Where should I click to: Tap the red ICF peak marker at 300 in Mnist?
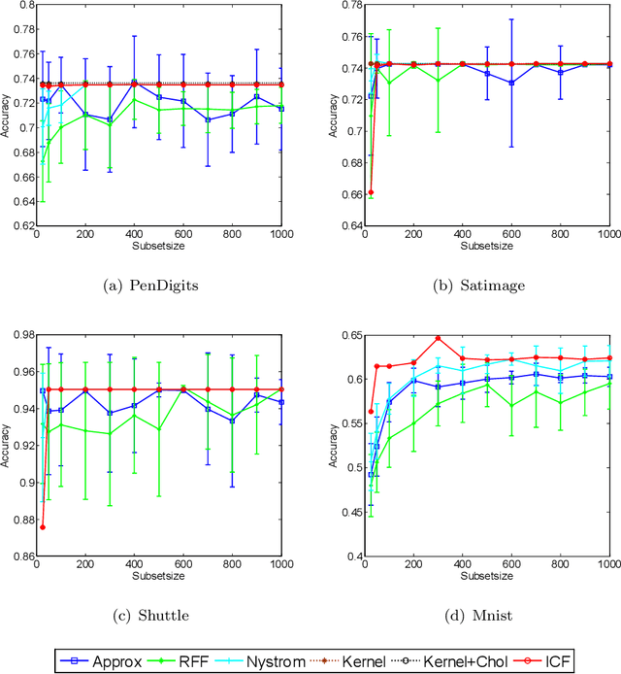[438, 339]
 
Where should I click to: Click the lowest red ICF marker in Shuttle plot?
[43, 527]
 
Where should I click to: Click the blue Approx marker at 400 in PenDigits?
[134, 83]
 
